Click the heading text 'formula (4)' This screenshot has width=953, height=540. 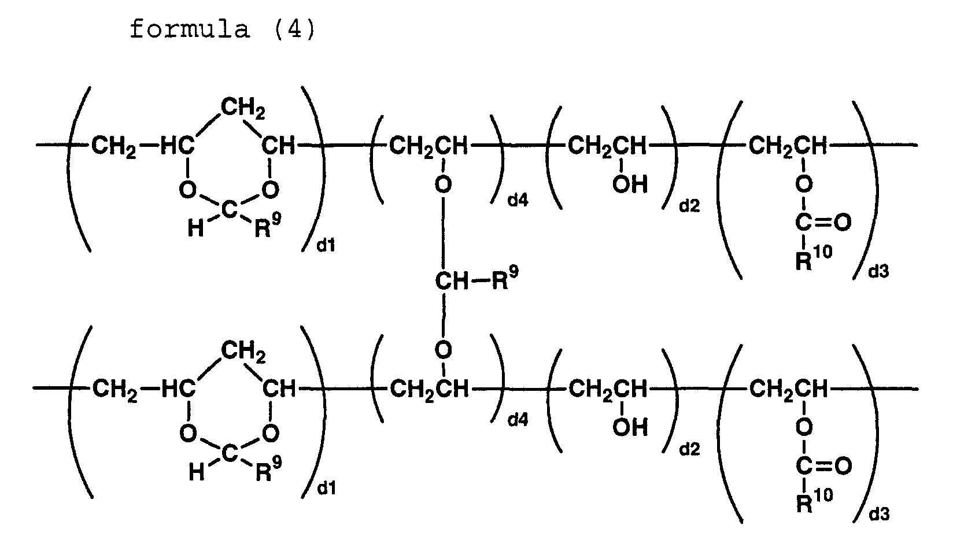click(x=223, y=29)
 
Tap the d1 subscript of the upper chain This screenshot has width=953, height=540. click(x=326, y=247)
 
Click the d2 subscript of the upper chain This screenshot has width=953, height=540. click(x=689, y=206)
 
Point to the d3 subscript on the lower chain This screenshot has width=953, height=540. click(x=878, y=513)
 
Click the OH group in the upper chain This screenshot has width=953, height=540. click(x=630, y=185)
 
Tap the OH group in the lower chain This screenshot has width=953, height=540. click(x=630, y=428)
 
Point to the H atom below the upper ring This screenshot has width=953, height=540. click(x=195, y=230)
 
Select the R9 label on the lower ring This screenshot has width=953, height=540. click(x=267, y=471)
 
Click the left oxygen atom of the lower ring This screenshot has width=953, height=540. click(x=187, y=432)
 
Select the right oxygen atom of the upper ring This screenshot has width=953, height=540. click(x=269, y=189)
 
